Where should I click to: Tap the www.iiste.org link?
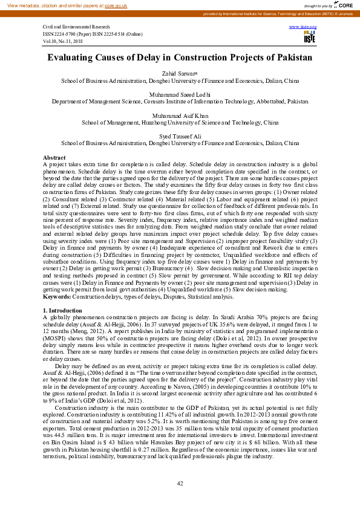click(x=308, y=28)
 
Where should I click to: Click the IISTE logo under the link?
click(x=309, y=38)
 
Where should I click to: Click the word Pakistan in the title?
click(x=290, y=58)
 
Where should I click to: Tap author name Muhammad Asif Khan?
click(x=180, y=114)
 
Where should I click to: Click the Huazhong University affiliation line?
click(x=180, y=122)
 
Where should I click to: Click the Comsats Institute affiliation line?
click(x=180, y=102)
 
